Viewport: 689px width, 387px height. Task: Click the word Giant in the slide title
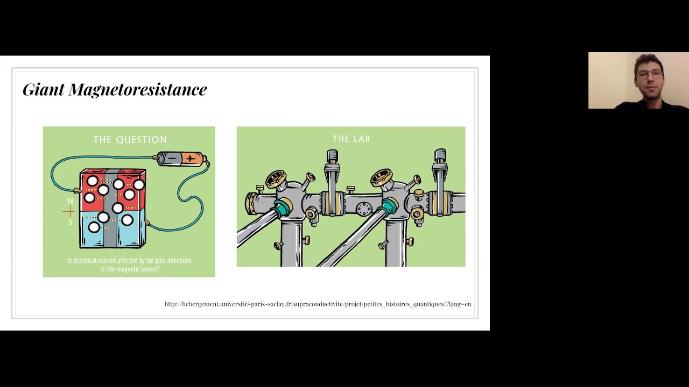tap(44, 89)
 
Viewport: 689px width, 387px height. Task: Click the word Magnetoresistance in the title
tap(137, 89)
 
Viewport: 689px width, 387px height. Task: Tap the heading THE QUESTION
tap(130, 140)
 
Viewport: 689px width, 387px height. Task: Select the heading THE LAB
tap(351, 139)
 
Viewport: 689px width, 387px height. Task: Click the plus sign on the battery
tap(191, 159)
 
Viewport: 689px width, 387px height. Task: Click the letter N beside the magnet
tap(70, 201)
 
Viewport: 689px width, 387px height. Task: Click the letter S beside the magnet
tap(71, 222)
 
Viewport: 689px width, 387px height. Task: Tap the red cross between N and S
tap(69, 212)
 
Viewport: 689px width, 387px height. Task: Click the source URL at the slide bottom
tap(318, 304)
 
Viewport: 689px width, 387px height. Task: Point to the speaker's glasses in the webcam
tap(649, 74)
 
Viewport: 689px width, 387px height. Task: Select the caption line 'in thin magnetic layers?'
tap(130, 269)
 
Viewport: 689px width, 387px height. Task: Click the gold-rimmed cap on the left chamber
tap(276, 178)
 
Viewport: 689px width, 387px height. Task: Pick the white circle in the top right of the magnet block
tap(139, 185)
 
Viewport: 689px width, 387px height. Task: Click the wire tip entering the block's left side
tap(77, 191)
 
